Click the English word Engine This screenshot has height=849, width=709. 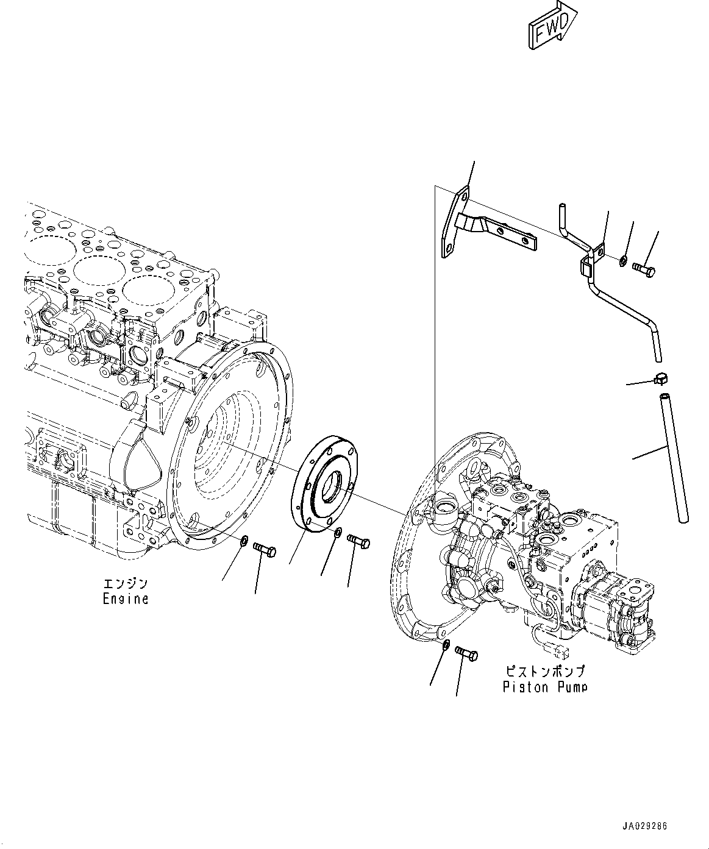(x=125, y=599)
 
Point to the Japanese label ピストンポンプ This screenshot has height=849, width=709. (x=545, y=672)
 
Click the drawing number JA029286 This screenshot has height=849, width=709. (x=645, y=826)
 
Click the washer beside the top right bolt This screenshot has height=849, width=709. (x=622, y=261)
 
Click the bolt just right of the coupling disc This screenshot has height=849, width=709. (x=358, y=540)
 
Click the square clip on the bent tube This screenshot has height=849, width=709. (x=586, y=265)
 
